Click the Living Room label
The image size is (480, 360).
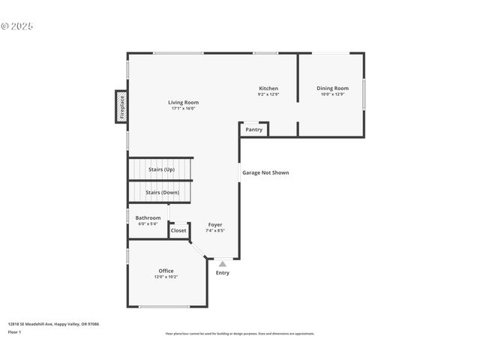[183, 102]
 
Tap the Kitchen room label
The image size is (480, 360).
[268, 88]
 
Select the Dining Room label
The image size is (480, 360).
[332, 88]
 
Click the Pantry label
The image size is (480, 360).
[254, 129]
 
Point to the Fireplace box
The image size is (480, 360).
[121, 106]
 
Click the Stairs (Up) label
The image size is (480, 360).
[161, 169]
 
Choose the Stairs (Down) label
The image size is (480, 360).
[162, 192]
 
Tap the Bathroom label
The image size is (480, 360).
[148, 217]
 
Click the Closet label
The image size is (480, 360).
[178, 230]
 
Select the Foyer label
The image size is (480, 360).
[215, 224]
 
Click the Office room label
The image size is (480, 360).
[166, 271]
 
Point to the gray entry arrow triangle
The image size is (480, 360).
[222, 263]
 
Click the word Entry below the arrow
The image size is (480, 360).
[223, 272]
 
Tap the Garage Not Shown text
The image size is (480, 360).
[265, 172]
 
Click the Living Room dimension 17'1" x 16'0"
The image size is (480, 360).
[183, 109]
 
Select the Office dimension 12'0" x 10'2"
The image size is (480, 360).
[166, 277]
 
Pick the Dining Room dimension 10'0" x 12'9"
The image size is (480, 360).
[332, 94]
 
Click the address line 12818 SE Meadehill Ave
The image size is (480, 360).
[53, 324]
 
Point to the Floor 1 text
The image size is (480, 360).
[14, 331]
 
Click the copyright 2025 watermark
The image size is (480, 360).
[17, 25]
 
